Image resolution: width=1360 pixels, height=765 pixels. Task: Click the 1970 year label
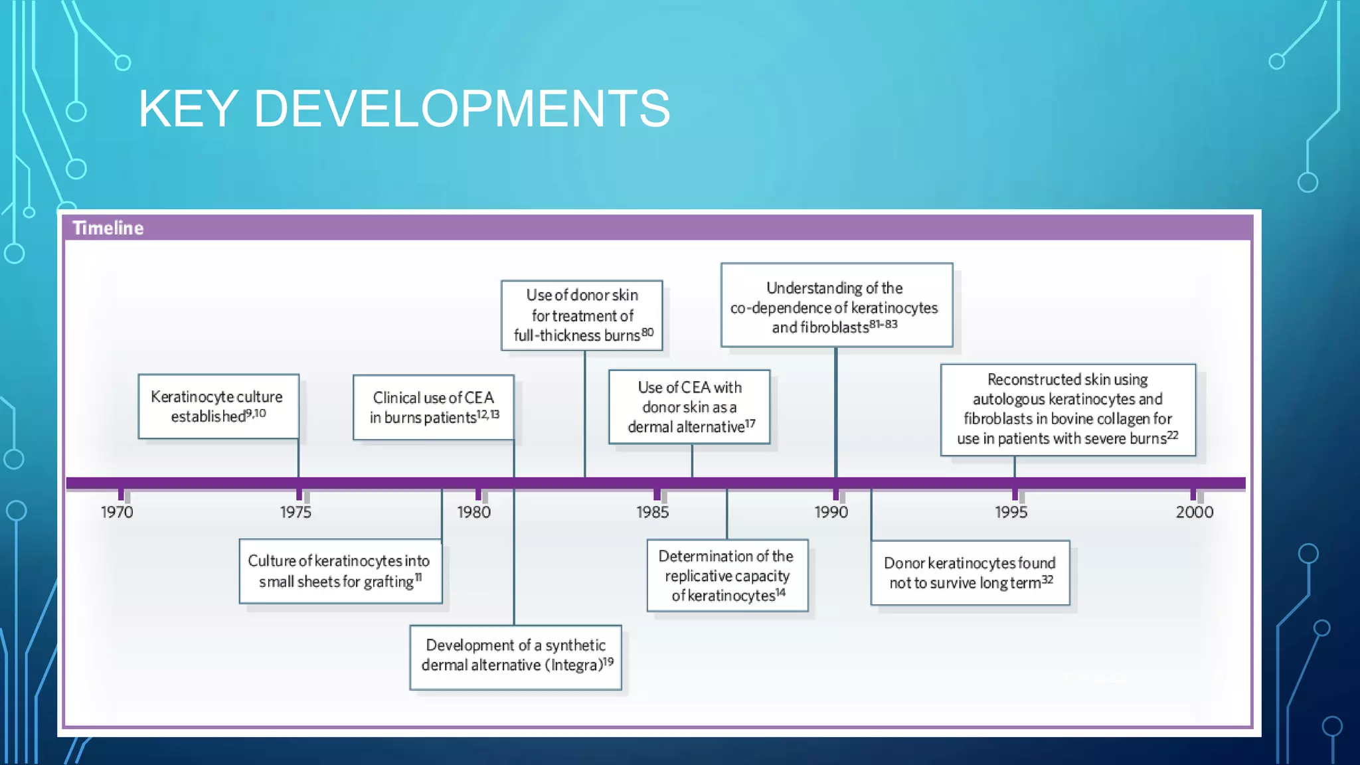[x=117, y=512]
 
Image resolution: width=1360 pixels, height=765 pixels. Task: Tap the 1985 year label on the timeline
[x=652, y=512]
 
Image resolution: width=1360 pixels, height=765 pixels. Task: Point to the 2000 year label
[x=1194, y=512]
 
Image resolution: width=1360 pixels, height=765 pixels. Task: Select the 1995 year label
[x=1011, y=512]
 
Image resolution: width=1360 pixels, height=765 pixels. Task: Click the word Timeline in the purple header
[x=108, y=228]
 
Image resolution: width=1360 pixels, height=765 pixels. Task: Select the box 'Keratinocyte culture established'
[x=218, y=406]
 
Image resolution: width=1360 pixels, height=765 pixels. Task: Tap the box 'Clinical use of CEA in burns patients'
[x=433, y=407]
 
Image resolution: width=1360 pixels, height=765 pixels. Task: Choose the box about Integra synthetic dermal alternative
[x=515, y=657]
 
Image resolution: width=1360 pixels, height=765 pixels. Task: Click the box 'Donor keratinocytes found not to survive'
[x=970, y=572]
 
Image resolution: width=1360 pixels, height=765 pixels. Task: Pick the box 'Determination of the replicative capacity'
[x=727, y=575]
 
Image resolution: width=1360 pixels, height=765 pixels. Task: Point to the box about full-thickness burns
[x=582, y=315]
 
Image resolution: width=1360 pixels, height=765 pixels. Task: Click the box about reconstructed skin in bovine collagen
[x=1067, y=409]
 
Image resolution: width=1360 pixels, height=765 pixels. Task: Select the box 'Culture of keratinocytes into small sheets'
[x=340, y=571]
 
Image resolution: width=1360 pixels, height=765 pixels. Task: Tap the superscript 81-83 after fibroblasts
[x=883, y=324]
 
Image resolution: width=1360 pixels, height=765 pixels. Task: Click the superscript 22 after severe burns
[x=1173, y=435]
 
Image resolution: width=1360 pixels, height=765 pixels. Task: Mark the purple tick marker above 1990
[x=836, y=495]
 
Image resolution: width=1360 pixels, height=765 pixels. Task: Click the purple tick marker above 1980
[x=478, y=495]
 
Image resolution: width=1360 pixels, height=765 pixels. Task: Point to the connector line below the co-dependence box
[x=835, y=412]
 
